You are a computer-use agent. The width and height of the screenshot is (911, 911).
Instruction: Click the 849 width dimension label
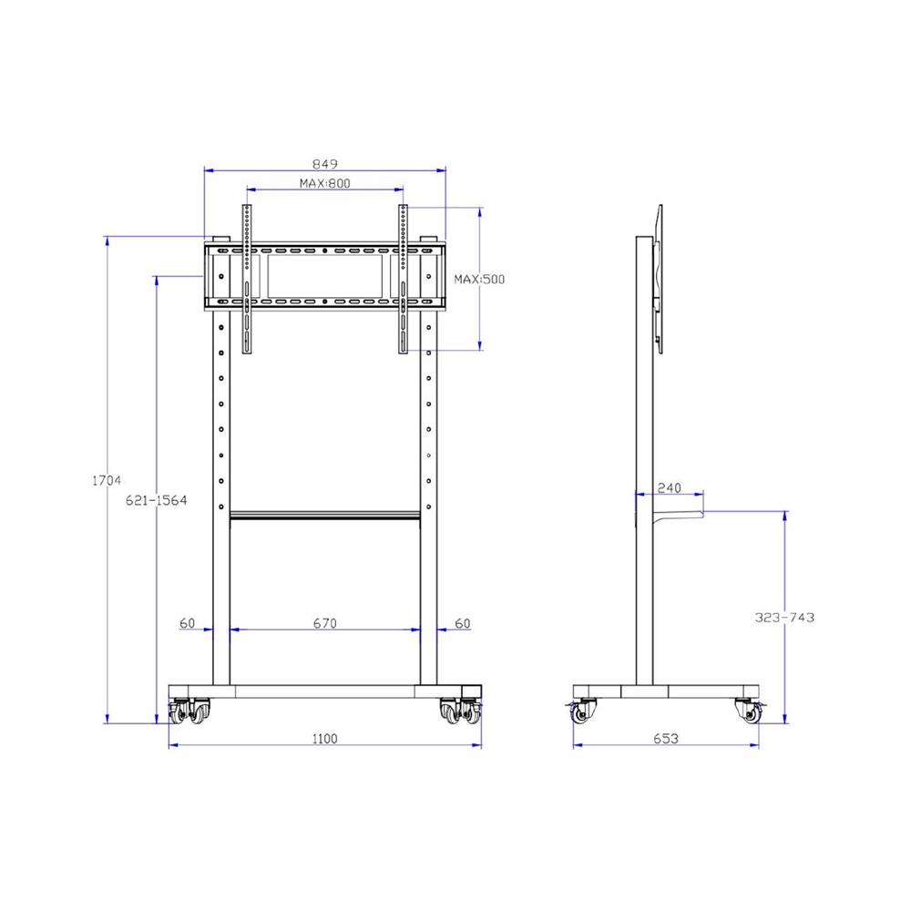coord(324,164)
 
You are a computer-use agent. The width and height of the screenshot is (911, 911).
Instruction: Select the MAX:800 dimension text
coord(324,183)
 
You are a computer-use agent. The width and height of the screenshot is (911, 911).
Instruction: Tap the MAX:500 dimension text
coord(479,279)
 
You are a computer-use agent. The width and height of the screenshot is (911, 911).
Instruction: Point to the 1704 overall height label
coord(107,480)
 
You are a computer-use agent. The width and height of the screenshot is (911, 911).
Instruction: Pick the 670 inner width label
coord(324,623)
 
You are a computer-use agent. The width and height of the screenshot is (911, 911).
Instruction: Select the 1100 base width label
coord(324,738)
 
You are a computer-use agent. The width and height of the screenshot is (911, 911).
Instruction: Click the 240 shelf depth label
coord(669,488)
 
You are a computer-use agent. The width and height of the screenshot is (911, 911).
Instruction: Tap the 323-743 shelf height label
coord(784,617)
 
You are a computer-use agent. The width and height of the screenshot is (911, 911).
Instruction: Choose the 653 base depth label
coord(666,739)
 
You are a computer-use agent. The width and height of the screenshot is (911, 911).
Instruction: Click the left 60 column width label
coord(187,623)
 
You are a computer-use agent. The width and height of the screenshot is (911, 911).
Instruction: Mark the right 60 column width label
coord(462,623)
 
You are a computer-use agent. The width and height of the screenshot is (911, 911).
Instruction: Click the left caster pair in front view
coord(189,712)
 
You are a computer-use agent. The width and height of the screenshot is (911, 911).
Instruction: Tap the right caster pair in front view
coord(461,712)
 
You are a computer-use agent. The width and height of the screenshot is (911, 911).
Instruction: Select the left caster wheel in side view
coord(583,712)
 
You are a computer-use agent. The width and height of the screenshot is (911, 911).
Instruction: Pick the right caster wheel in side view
coord(749,712)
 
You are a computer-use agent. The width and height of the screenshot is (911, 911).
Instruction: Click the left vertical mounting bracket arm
coord(245,278)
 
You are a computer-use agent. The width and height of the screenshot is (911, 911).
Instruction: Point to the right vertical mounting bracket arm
coord(403,278)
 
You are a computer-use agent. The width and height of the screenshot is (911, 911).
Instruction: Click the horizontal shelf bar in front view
coord(324,517)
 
